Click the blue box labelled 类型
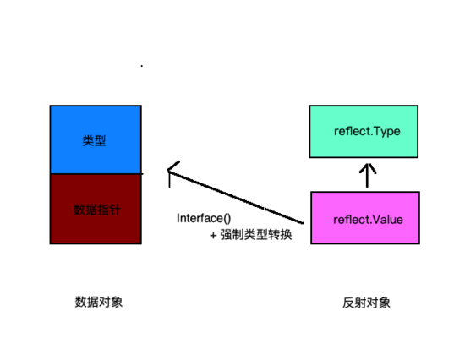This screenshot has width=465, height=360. coord(95,139)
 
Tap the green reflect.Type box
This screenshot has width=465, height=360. coord(363,132)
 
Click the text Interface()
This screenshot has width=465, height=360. coord(204,218)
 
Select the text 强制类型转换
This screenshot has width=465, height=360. coord(256,235)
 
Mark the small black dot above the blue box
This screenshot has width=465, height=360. coord(141,65)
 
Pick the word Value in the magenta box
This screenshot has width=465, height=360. coord(386,220)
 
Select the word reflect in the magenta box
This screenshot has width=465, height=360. coord(351,220)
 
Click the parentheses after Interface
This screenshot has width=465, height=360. coord(226,218)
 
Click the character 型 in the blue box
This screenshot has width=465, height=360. coord(101,139)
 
